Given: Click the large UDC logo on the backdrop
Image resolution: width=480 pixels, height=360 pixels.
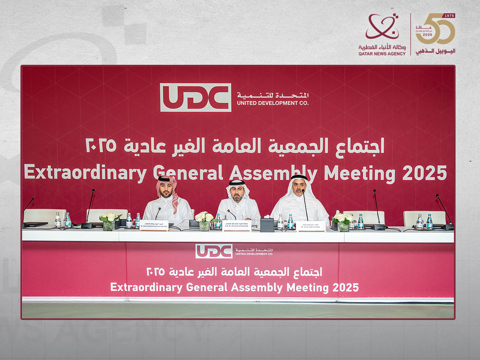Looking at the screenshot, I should tap(196, 97).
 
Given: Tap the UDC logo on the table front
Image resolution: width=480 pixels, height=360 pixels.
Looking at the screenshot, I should tap(214, 251).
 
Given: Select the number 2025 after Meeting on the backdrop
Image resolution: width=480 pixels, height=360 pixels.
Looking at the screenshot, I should tap(424, 173).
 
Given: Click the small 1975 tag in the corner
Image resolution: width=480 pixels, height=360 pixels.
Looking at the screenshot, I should tap(450, 16).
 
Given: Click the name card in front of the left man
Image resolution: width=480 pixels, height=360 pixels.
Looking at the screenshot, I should tap(154, 226).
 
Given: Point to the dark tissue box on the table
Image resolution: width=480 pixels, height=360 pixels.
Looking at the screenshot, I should tap(267, 224).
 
